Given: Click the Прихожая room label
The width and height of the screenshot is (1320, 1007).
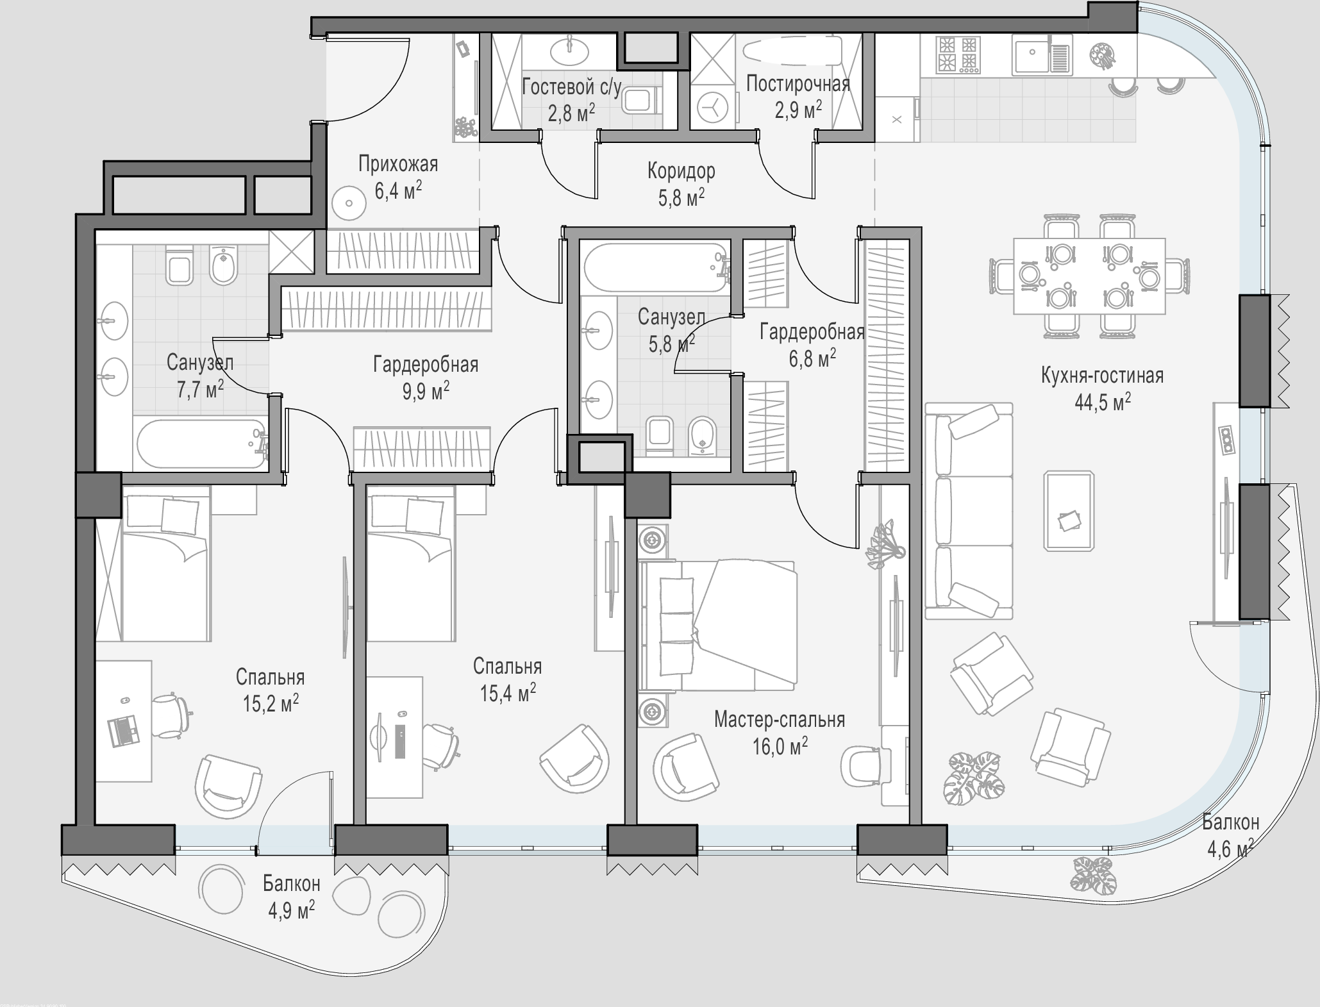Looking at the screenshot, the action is tap(398, 164).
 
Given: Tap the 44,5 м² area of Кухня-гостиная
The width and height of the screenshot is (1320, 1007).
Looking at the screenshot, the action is tap(1102, 403).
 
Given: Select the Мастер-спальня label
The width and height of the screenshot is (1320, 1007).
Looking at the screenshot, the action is tap(780, 720).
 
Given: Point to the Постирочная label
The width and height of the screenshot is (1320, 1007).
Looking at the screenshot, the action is tap(798, 84).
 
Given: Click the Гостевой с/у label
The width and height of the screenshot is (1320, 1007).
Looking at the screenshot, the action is tap(571, 87).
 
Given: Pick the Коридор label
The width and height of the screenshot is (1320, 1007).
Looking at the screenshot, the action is tap(681, 171).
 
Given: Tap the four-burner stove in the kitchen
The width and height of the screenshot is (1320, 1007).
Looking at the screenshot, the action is tap(958, 54).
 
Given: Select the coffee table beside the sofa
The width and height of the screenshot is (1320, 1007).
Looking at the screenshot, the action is tap(1069, 511).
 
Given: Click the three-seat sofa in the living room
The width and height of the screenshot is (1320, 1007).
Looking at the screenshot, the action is tap(969, 511).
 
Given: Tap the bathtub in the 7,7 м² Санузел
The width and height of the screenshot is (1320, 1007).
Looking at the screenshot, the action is tap(201, 443).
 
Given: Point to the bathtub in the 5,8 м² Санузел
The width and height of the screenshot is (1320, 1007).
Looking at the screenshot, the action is tap(655, 268).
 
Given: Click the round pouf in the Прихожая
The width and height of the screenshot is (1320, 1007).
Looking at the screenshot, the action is tap(349, 203).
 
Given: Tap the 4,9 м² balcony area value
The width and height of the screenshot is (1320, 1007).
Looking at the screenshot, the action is tap(292, 909).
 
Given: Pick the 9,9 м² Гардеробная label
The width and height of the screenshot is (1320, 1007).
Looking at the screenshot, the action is tap(426, 390).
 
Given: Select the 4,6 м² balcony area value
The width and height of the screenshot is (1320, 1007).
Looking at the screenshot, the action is tap(1230, 849).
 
